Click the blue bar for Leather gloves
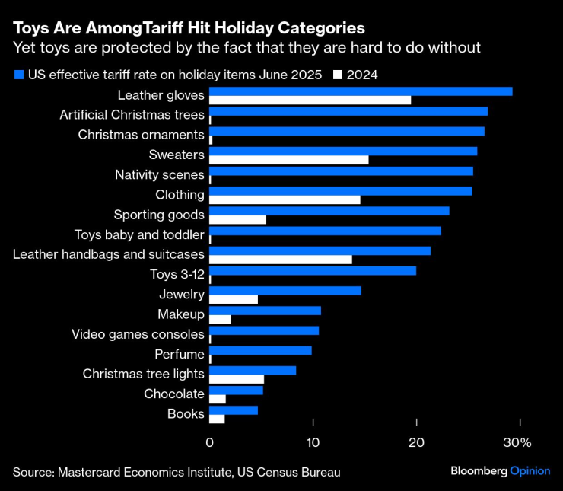coord(361,91)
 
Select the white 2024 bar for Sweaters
coord(289,159)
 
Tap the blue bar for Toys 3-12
coord(313,270)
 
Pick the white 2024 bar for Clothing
coord(285,199)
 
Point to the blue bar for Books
coord(234,410)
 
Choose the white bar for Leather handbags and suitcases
coord(281,259)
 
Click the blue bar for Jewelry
coord(285,291)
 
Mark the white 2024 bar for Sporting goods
coord(237,219)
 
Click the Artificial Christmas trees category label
coord(132,115)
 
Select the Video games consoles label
coord(138,334)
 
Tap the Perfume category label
coord(180,354)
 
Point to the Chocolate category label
coord(174,394)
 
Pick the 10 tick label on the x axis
coord(313,442)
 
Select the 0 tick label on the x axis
coord(209,442)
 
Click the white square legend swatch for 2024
coord(339,75)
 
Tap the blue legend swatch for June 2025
coord(18,75)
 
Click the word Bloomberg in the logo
coord(479,471)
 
